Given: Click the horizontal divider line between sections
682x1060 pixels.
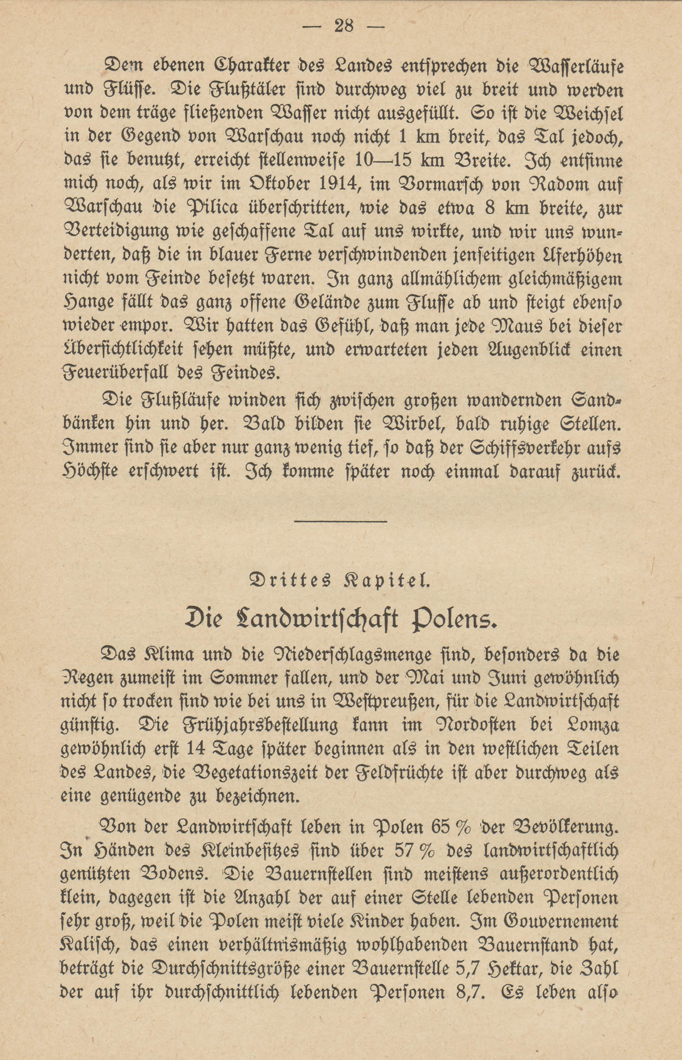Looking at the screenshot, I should click(x=340, y=521).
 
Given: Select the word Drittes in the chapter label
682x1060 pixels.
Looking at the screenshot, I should click(x=290, y=581).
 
